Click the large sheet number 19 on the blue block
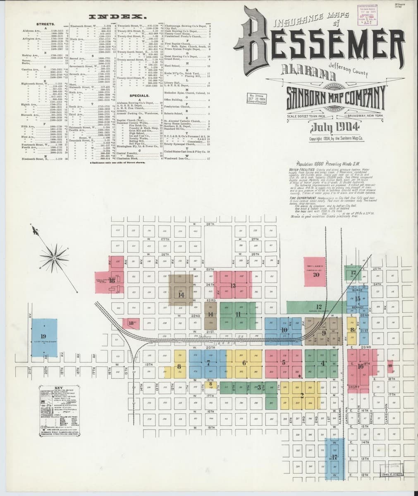click(43, 336)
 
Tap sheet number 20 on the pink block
click(316, 274)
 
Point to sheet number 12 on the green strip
click(319, 306)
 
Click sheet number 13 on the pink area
click(233, 286)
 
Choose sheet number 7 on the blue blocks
click(209, 364)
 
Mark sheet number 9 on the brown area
click(324, 333)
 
